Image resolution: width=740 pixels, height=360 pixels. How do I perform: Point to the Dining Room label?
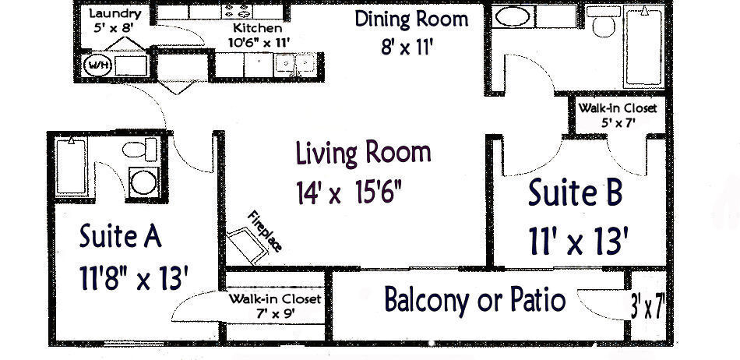click(411, 19)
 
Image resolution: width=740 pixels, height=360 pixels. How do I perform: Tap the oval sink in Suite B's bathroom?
click(513, 16)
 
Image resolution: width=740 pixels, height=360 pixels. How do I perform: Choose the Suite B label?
click(575, 193)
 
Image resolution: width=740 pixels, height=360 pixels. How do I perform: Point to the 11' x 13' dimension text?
click(576, 241)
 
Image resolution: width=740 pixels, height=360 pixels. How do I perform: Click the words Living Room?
click(362, 153)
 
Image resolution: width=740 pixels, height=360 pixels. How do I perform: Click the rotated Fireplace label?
click(264, 231)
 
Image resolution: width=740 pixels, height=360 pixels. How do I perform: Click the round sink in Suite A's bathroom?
click(143, 181)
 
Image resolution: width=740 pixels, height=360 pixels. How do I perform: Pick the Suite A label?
click(120, 236)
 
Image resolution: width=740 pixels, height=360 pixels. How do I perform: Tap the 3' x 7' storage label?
click(647, 305)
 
